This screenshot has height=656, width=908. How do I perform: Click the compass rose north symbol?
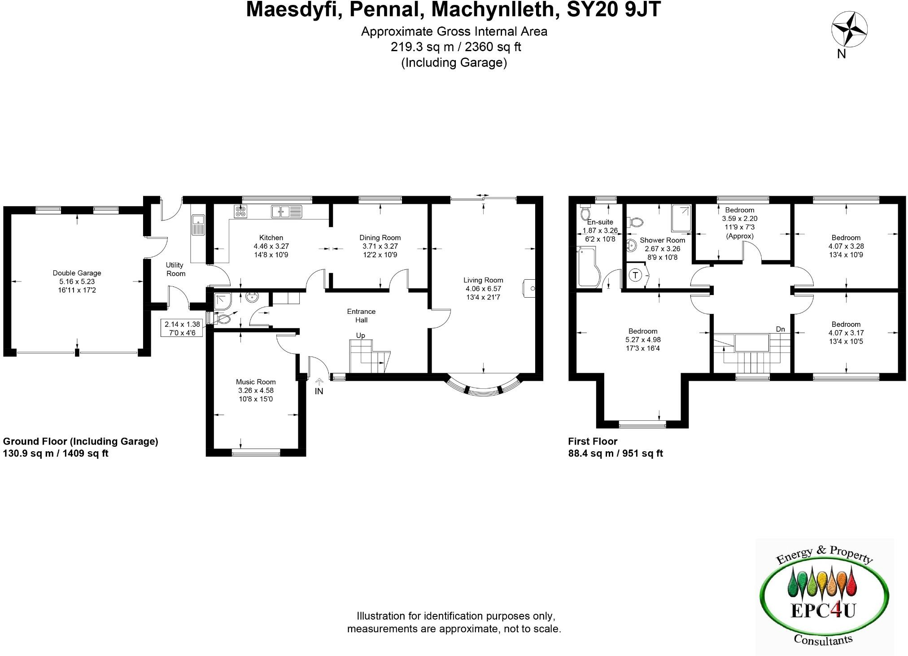point(849,31)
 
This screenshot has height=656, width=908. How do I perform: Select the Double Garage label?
point(77,273)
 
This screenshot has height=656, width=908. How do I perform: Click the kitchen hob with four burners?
point(240,211)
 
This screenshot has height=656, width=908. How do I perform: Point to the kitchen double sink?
point(287,211)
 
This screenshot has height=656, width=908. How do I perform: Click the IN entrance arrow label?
point(319,391)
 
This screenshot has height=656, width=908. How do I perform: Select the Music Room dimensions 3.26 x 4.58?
point(256,391)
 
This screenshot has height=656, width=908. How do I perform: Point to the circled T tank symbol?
point(636,275)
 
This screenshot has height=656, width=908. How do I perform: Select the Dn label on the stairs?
point(780,329)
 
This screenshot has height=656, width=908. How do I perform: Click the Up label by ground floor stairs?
point(360,335)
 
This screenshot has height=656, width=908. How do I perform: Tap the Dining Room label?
point(380,238)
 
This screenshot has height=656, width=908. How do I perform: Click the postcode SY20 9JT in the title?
point(614,9)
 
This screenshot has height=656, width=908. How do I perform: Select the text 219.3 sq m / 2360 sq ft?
point(455,47)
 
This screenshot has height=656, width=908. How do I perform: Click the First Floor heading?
point(593,441)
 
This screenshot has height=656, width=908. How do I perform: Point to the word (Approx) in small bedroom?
point(739,236)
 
